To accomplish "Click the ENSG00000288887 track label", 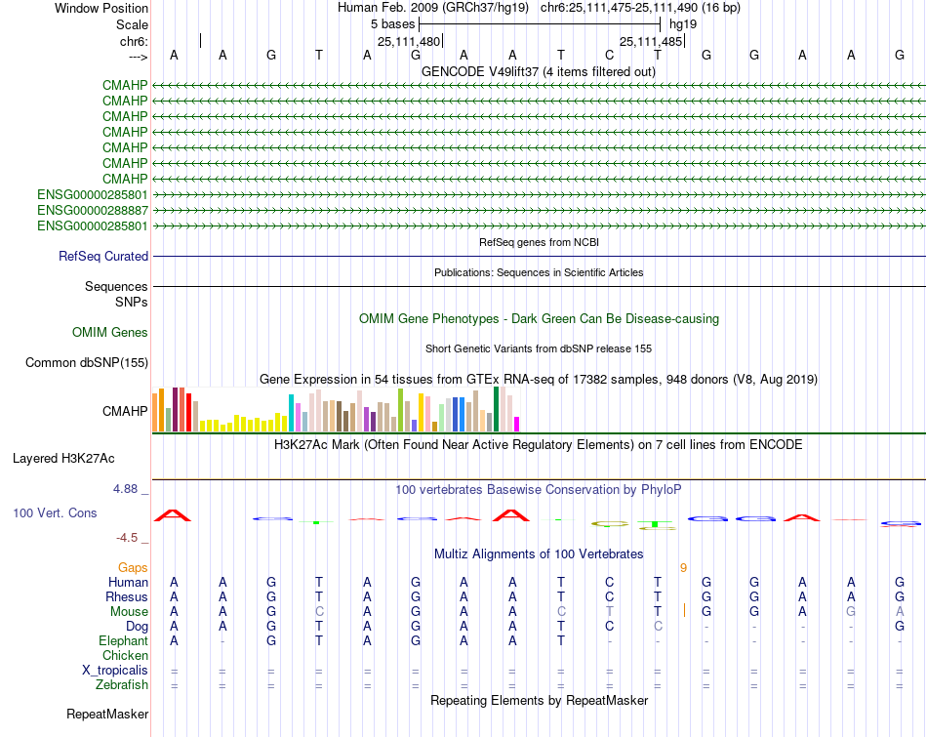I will click(x=93, y=210).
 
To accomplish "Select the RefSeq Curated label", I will click(x=103, y=256).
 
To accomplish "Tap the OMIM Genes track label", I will click(x=110, y=332).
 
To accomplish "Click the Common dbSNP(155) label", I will click(x=87, y=363).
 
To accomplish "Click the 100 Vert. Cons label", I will click(x=55, y=512).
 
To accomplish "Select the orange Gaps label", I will click(x=133, y=567).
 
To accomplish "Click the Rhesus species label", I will click(x=127, y=596).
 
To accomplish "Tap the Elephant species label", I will click(x=123, y=640).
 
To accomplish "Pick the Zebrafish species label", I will click(x=122, y=684).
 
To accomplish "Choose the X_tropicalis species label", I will click(x=115, y=670).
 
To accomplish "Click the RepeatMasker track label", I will click(x=107, y=715).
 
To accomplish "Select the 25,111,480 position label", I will click(x=409, y=41).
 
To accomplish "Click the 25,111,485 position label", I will click(x=651, y=41).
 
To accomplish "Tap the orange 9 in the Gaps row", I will click(x=683, y=567).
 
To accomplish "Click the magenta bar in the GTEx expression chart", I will click(x=516, y=424).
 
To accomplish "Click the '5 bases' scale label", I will click(x=392, y=23).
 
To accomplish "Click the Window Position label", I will click(x=101, y=8).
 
